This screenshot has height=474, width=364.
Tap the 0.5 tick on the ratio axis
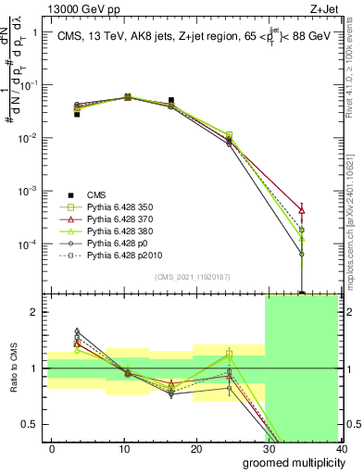click(x=33, y=425)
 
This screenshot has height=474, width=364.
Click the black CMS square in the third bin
click(x=171, y=100)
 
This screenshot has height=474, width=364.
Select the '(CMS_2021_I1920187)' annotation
click(x=194, y=277)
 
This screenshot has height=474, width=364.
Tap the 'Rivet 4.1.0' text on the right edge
click(x=357, y=83)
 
